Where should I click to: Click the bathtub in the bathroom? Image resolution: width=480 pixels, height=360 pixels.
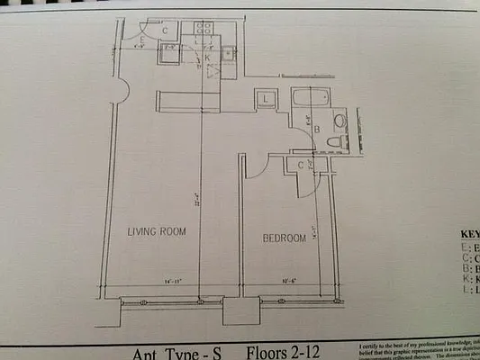coord(307,101)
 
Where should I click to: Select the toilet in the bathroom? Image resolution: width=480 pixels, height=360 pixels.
coord(334,144)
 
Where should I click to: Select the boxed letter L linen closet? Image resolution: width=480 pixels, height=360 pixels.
coord(267,100)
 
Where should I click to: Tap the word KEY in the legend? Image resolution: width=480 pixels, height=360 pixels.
coord(470,230)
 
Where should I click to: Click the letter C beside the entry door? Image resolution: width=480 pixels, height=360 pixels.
coord(165,30)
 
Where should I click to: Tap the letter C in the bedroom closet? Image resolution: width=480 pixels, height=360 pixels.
coord(301,164)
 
